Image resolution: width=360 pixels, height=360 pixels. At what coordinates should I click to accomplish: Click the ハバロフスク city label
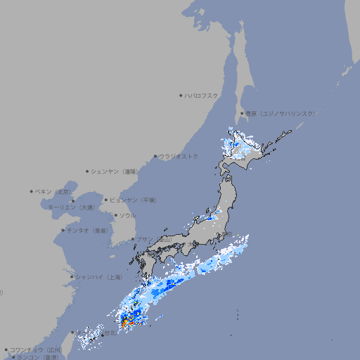click(202, 95)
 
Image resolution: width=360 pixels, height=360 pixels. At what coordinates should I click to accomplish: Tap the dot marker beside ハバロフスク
click(181, 95)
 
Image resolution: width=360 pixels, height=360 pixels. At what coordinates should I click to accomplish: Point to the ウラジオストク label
click(179, 156)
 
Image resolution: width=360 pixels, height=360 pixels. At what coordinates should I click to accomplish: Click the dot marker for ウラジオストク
click(155, 156)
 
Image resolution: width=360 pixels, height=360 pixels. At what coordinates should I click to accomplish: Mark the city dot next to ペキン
click(32, 191)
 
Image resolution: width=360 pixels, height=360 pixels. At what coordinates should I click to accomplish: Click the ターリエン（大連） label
click(70, 208)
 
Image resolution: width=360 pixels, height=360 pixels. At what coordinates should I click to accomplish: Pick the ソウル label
click(127, 215)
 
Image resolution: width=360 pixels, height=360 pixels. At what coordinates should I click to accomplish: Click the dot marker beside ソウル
click(115, 215)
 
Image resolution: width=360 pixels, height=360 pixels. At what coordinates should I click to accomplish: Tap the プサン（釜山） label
click(154, 240)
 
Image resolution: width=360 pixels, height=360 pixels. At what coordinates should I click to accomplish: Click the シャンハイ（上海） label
click(99, 277)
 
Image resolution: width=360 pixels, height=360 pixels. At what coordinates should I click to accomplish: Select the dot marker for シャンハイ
click(72, 277)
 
